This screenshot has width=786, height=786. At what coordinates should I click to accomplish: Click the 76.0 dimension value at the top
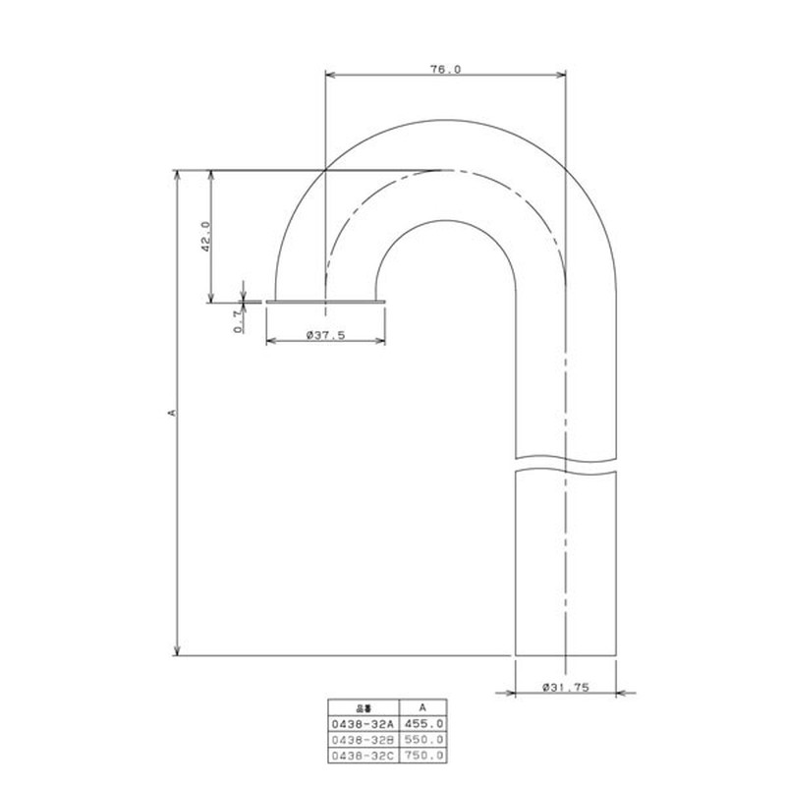coord(445,69)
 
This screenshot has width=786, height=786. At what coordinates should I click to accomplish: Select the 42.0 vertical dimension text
coord(205,237)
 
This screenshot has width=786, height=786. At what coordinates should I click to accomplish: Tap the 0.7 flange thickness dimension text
coord(237,322)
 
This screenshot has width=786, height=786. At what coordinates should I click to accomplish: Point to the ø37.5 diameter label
coord(325,335)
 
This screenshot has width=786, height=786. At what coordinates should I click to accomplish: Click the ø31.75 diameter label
coord(565,689)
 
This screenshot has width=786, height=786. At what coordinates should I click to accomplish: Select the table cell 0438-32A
coord(363,723)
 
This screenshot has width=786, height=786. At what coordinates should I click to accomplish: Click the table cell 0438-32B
coord(363,739)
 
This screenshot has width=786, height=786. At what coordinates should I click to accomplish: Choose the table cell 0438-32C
coord(363,755)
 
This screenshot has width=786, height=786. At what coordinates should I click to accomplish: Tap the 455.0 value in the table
coord(423,723)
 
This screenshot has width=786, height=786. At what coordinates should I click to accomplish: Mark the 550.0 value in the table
coord(423,739)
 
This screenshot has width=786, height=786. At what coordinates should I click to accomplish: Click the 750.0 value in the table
coord(423,755)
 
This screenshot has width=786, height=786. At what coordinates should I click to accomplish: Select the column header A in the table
coord(422,706)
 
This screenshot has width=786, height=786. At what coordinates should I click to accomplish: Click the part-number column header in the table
coord(363,706)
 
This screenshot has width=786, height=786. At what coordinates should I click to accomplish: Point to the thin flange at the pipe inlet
coord(325,302)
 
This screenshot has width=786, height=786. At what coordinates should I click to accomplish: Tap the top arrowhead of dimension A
coord(177,176)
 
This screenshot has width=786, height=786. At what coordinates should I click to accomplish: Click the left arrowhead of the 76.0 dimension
coord(330,75)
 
